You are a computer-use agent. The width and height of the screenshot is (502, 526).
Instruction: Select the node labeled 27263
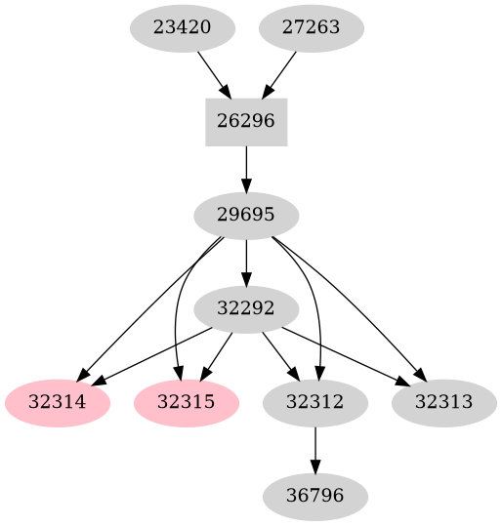point(311,27)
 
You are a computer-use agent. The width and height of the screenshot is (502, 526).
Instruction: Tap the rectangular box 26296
point(246,121)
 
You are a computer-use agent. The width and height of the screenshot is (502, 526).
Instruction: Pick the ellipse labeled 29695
point(246,215)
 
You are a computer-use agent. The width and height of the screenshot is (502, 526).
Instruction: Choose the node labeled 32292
point(246,308)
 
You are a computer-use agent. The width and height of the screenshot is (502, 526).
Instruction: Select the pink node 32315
point(186,402)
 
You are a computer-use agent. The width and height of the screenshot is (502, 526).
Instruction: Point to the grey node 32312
point(314,402)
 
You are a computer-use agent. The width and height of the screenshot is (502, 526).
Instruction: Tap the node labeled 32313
point(443,402)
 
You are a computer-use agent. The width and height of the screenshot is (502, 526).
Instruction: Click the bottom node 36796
point(314,496)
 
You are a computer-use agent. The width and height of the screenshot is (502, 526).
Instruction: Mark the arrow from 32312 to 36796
point(314,449)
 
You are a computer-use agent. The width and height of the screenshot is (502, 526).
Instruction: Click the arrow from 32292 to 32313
point(346,355)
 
